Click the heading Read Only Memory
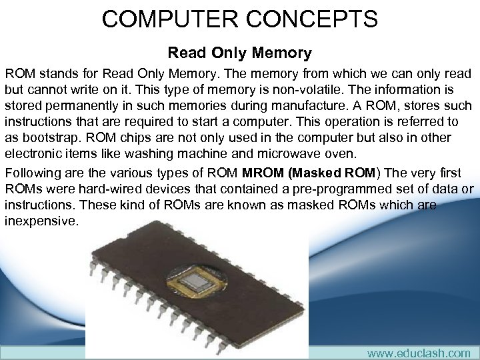(239, 52)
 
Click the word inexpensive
(41, 221)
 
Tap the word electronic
(33, 153)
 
